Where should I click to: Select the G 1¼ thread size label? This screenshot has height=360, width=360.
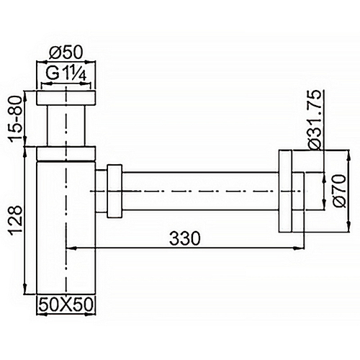click(66, 76)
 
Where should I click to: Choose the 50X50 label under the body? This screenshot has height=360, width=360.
click(66, 305)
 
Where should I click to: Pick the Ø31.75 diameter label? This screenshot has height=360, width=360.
click(315, 119)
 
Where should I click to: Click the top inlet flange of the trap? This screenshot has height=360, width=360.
click(66, 98)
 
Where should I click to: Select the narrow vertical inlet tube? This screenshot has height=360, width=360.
click(66, 126)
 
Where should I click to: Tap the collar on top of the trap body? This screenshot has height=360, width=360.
click(66, 152)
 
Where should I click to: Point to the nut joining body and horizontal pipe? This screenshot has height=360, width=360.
click(111, 190)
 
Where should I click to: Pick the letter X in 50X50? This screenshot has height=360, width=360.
click(66, 305)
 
